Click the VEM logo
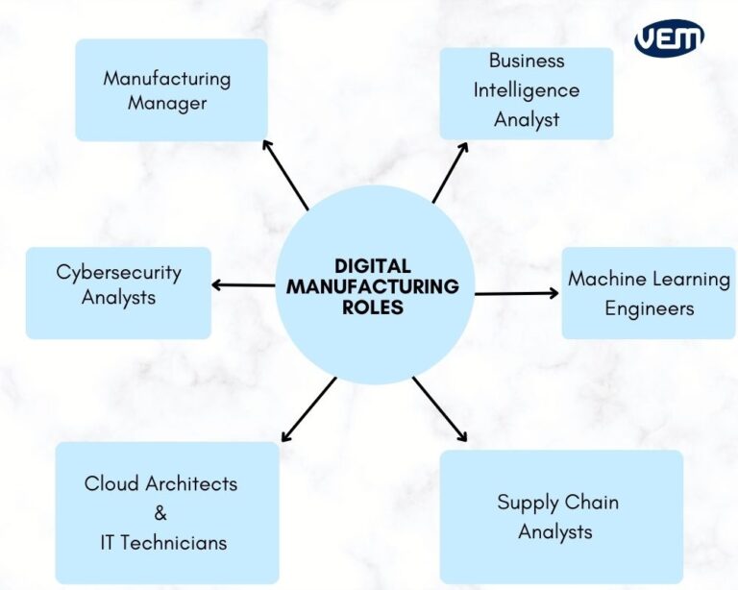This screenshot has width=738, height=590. [x=669, y=38]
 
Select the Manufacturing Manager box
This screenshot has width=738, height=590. [x=171, y=90]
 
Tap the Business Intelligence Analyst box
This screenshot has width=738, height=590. [x=527, y=92]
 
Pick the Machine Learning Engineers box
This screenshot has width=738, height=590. [x=649, y=292]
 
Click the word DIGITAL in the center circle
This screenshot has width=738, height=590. [x=373, y=266]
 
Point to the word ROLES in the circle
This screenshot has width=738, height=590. [x=373, y=308]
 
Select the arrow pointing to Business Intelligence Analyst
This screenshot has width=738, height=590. [x=450, y=173]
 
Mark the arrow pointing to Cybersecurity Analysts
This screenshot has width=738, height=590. [x=242, y=284]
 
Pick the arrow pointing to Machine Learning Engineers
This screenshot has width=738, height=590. [x=516, y=293]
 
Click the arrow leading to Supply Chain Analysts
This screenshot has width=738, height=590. [x=440, y=409]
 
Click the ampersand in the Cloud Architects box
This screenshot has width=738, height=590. [x=160, y=513]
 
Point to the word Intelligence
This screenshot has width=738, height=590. [x=527, y=90]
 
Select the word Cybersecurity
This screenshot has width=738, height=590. [x=118, y=272]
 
